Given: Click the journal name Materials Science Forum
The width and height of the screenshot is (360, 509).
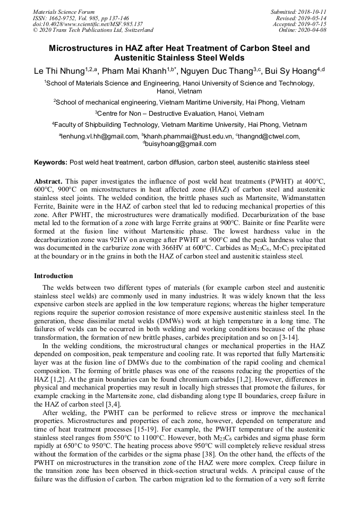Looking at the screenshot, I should (x=64, y=12).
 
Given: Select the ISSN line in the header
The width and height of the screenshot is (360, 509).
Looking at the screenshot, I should (x=82, y=18).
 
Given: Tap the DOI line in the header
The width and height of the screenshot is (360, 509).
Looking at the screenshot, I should (x=88, y=24).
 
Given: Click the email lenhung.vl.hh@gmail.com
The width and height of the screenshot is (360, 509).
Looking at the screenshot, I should (x=99, y=136).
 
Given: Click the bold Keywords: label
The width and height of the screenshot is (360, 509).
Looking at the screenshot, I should (x=50, y=162).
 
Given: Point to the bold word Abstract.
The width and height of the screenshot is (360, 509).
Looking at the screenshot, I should (x=48, y=181).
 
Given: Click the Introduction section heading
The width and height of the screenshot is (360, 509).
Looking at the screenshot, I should (x=54, y=276).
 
